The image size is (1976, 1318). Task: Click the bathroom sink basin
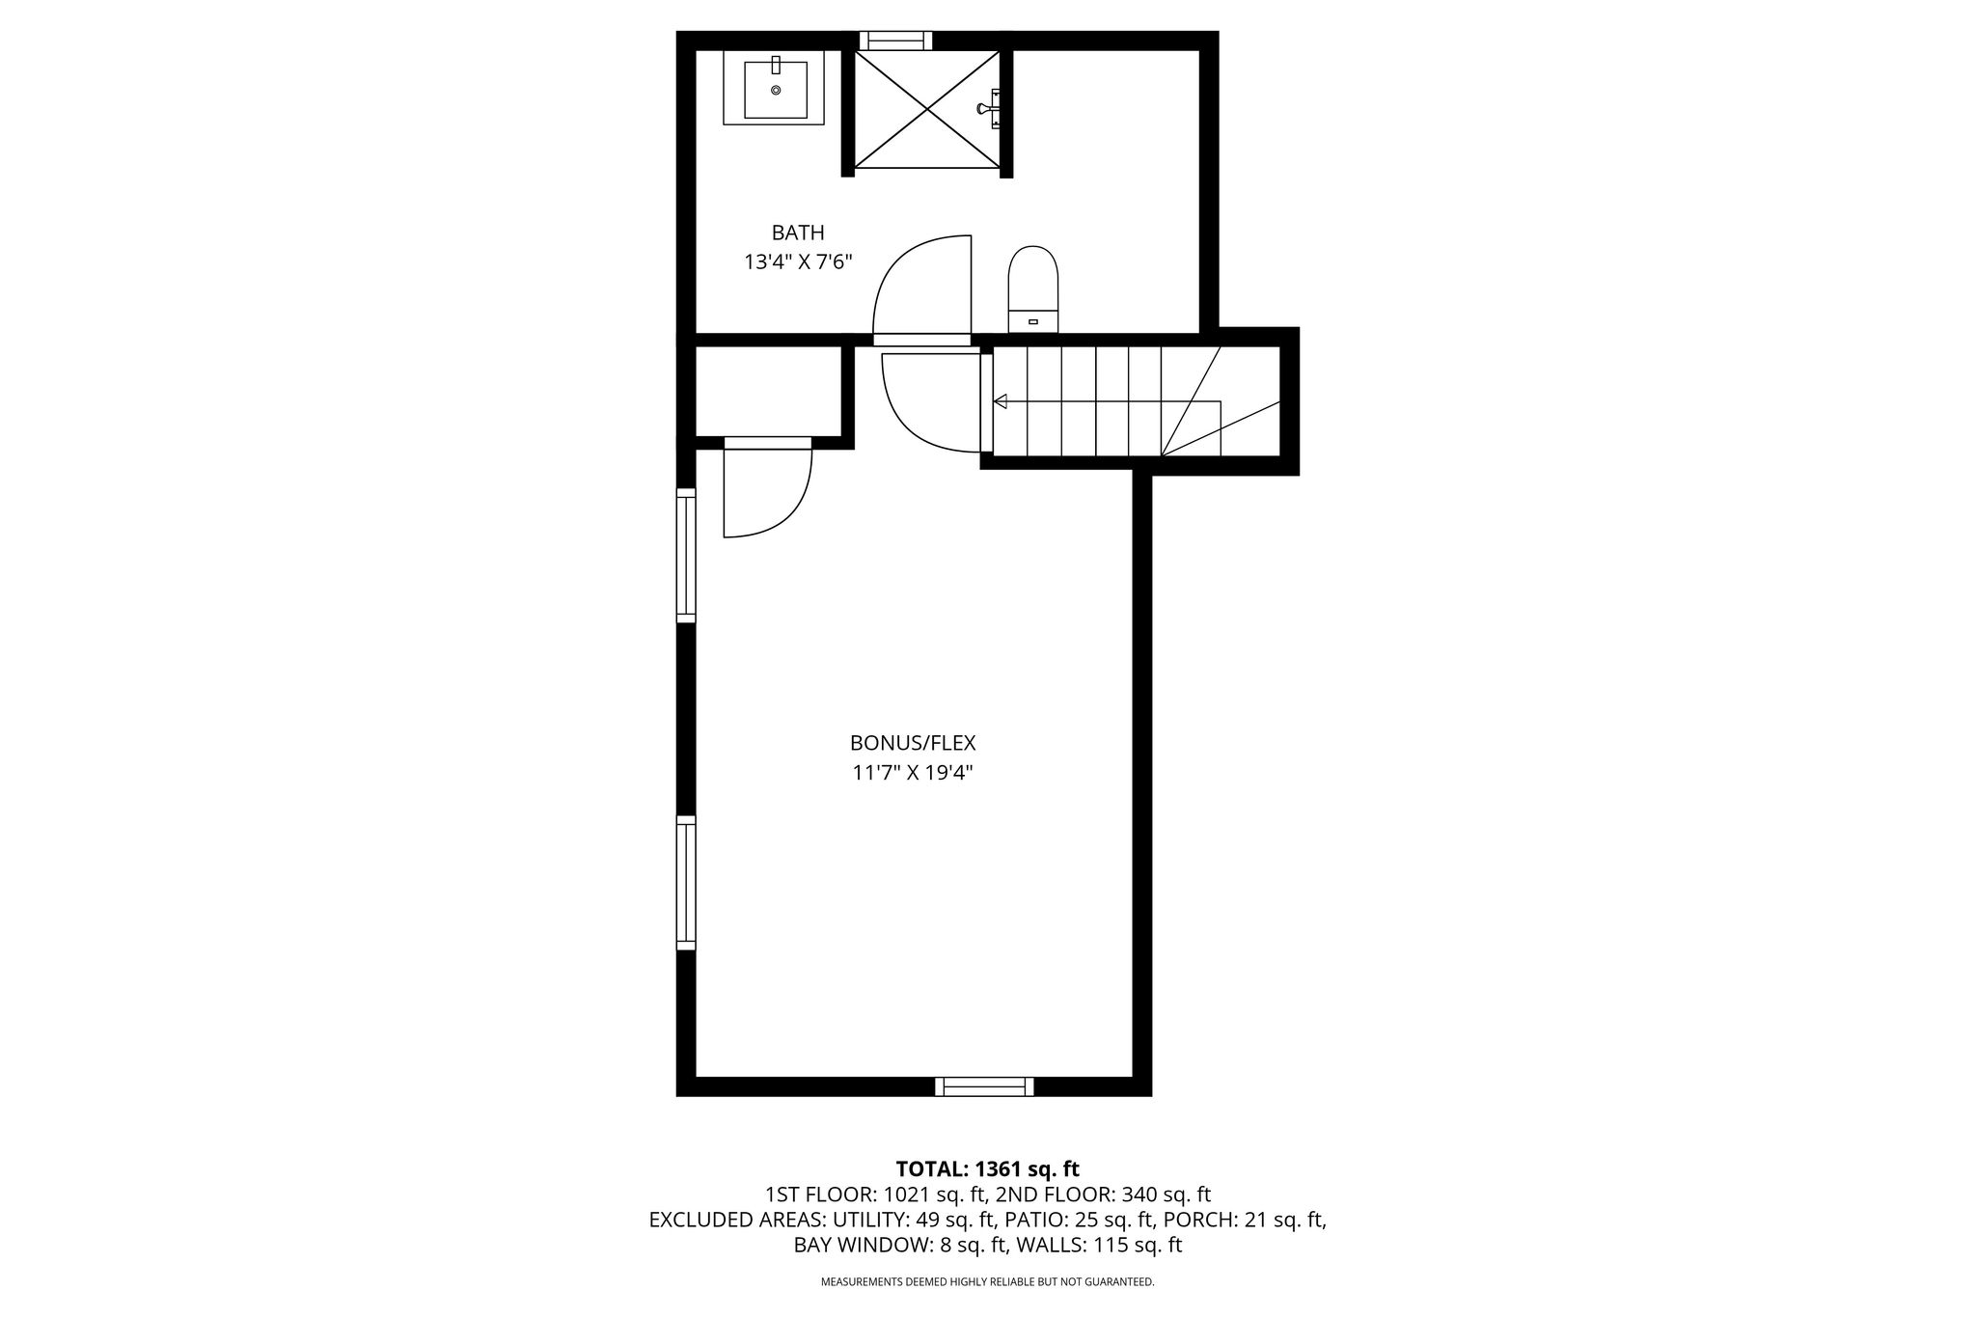tap(776, 90)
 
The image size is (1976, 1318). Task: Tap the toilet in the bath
tap(1032, 289)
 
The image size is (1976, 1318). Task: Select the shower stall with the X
tap(927, 108)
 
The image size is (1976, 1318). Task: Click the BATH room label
tap(798, 233)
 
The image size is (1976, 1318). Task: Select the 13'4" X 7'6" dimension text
tap(798, 261)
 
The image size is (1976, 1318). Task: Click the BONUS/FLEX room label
tap(913, 743)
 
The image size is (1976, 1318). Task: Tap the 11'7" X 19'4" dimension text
tap(913, 773)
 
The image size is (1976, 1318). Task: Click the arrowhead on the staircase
tap(1001, 401)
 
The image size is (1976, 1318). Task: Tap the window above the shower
tap(895, 41)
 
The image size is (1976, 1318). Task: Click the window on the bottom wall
tap(984, 1086)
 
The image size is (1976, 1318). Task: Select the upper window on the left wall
tap(686, 556)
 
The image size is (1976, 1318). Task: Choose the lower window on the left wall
tap(686, 883)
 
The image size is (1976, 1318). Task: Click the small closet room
tap(769, 391)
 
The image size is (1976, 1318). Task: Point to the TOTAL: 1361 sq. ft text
tap(988, 1169)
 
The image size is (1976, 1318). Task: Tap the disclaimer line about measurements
tap(988, 1282)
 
